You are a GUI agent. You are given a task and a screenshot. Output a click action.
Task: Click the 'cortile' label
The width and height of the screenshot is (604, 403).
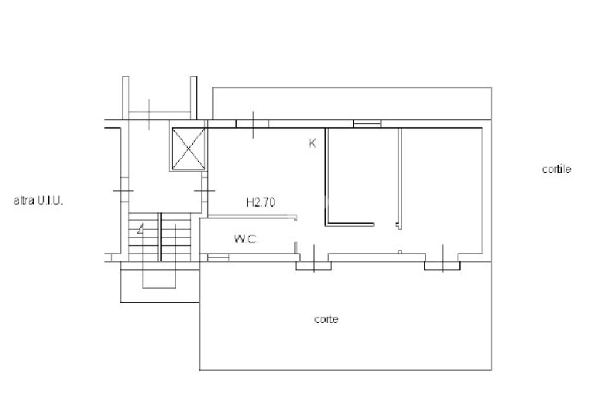pos(556,169)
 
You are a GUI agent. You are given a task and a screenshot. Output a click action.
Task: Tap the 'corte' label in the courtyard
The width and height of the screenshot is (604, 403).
pos(326,319)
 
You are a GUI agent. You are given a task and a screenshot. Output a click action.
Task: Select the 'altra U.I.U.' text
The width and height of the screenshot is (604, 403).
pos(38,201)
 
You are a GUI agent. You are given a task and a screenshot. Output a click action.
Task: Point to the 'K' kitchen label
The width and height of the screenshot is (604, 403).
pos(313,143)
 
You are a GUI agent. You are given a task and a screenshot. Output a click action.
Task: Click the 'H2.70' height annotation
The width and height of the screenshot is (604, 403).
pos(260,202)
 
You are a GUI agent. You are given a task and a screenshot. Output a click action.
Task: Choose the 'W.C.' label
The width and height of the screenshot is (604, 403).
pos(246,239)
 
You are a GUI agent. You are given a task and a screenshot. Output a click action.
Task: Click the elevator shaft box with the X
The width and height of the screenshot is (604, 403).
pos(188,149)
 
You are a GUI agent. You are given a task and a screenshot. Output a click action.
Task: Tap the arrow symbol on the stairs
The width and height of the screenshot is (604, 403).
pos(141,229)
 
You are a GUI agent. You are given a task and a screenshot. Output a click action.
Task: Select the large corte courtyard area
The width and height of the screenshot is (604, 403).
pos(345,316)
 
